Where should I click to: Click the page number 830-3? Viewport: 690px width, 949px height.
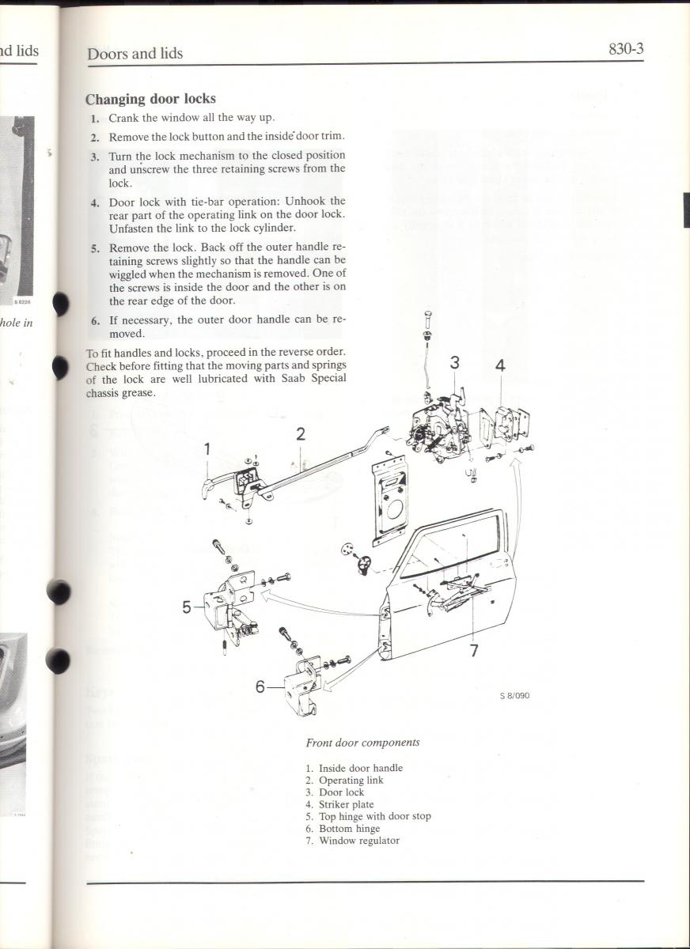click(x=626, y=49)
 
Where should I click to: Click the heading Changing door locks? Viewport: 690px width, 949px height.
click(x=150, y=99)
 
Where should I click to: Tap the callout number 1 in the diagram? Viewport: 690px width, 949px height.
click(x=207, y=449)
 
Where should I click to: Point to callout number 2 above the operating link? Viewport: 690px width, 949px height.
click(x=301, y=433)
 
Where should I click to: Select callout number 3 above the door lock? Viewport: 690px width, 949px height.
click(x=455, y=363)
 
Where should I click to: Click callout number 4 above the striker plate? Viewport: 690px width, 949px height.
click(x=500, y=366)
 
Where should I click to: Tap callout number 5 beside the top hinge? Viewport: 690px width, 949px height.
click(x=188, y=607)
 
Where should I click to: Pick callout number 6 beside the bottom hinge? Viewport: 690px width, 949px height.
click(x=260, y=687)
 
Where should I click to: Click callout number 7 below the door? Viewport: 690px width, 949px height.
click(x=474, y=651)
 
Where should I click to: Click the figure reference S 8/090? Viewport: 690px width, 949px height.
click(x=514, y=696)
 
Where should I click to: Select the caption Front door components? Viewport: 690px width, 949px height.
click(x=362, y=743)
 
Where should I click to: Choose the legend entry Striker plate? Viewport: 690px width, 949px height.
click(x=346, y=804)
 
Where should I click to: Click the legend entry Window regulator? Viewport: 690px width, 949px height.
click(x=358, y=841)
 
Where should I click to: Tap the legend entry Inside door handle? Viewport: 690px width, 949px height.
click(x=360, y=768)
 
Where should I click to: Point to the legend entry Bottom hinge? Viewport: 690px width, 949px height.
click(x=349, y=829)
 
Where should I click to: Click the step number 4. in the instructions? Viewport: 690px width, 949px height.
click(x=95, y=202)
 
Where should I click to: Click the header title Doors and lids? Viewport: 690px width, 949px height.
click(x=135, y=54)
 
